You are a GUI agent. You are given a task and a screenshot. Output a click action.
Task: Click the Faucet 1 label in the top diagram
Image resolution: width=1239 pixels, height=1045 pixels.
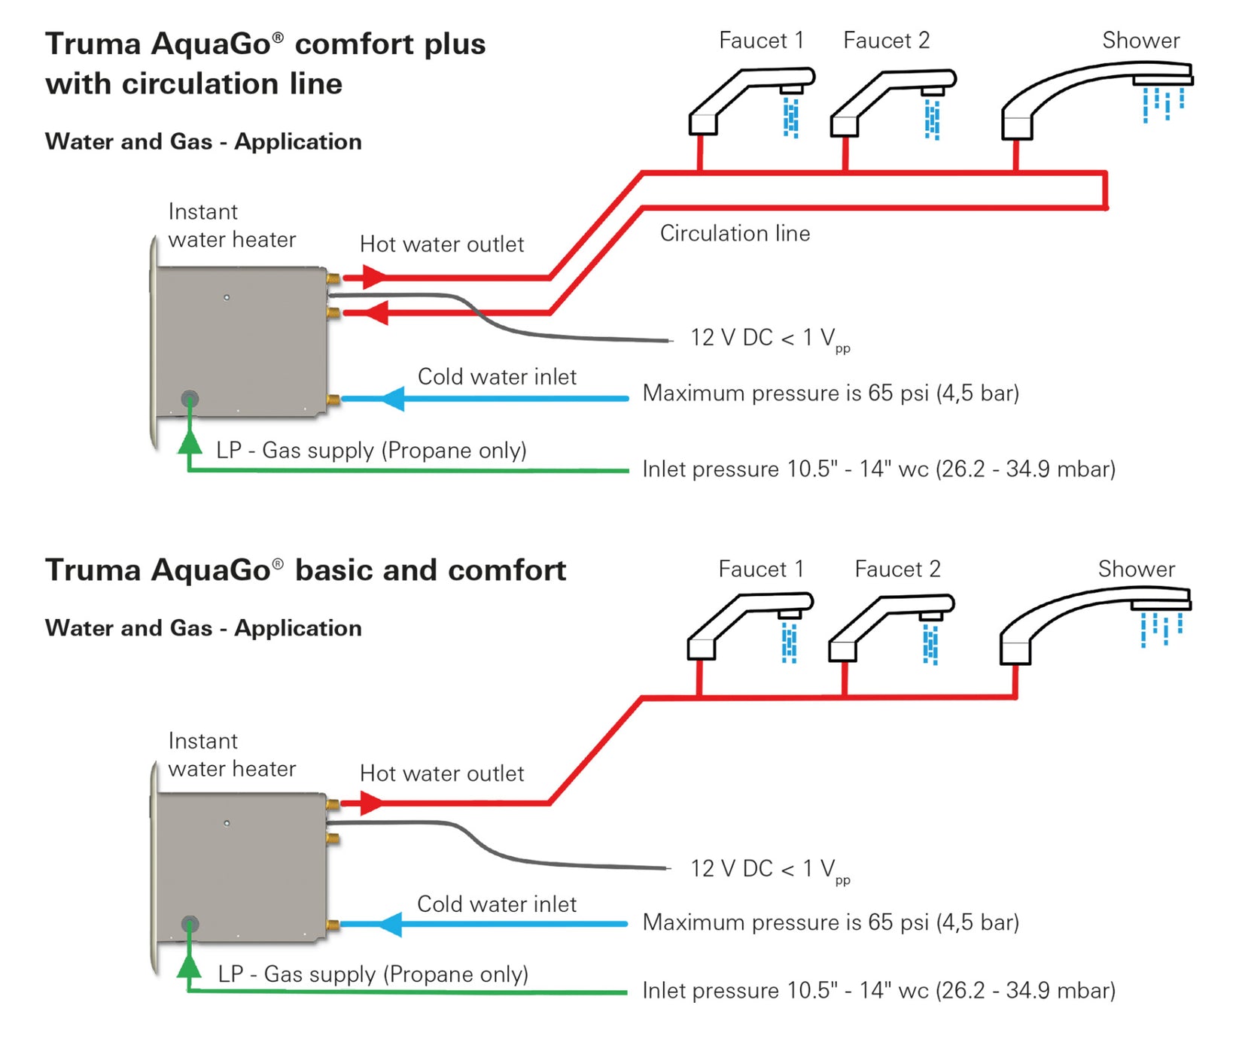[761, 41]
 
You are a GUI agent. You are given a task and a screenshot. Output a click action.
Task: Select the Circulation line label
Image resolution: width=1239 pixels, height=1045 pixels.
[735, 233]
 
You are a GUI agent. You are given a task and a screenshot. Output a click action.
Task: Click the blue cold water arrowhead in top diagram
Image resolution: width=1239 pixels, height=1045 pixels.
[392, 398]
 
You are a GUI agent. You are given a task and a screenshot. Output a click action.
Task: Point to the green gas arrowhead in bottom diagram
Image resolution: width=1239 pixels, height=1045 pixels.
[190, 965]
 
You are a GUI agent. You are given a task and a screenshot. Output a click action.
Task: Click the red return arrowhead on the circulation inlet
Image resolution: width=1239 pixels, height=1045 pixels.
[376, 313]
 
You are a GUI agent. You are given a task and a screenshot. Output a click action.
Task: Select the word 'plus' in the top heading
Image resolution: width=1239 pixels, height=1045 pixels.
[455, 44]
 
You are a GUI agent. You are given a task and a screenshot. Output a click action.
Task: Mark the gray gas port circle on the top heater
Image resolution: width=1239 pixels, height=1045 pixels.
[190, 399]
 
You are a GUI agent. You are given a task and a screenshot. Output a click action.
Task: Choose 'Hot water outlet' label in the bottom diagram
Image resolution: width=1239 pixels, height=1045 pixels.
[442, 773]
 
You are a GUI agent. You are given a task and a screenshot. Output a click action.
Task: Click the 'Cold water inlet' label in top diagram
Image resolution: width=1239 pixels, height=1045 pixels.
[497, 377]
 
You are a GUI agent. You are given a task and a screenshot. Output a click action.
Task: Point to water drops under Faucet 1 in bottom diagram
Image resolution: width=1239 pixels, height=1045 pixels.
[789, 644]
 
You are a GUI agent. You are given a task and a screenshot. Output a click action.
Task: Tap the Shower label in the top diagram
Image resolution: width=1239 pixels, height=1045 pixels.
[1140, 41]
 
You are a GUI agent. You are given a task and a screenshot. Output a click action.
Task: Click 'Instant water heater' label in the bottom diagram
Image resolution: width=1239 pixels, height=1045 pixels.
[231, 755]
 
